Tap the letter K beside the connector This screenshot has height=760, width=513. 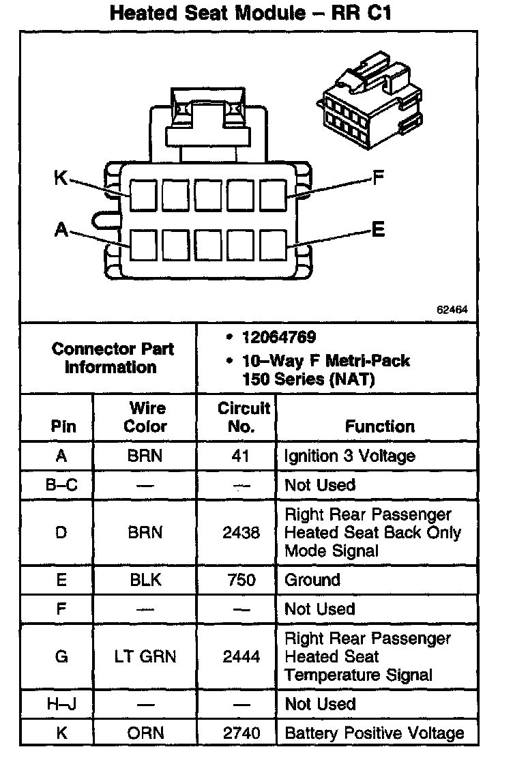click(x=61, y=179)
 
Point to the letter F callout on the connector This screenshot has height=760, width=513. click(x=378, y=179)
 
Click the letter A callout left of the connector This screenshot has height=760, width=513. click(x=61, y=231)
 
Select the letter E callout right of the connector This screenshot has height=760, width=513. click(x=378, y=230)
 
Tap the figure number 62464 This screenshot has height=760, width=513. click(x=452, y=309)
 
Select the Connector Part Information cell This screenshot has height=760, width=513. click(x=113, y=357)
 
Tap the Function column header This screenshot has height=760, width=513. click(x=379, y=426)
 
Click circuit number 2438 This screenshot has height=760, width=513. click(x=241, y=532)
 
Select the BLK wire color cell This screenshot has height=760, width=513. click(x=145, y=580)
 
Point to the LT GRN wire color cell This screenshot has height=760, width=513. click(x=145, y=656)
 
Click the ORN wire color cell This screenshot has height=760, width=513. click(x=145, y=733)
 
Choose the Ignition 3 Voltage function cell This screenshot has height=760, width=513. click(x=349, y=455)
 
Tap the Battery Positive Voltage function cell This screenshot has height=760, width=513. click(x=374, y=733)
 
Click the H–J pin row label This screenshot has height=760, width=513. click(x=61, y=704)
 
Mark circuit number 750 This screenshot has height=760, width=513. click(x=241, y=580)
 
